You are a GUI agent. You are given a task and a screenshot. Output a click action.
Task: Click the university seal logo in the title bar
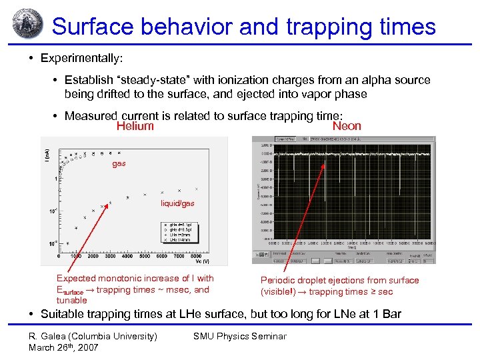26,25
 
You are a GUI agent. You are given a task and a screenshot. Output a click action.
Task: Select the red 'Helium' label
135,127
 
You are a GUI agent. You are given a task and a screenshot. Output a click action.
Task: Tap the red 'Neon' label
347,126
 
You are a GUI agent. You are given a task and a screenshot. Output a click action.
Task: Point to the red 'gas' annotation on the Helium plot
119,163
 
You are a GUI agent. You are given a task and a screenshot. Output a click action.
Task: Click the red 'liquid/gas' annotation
177,203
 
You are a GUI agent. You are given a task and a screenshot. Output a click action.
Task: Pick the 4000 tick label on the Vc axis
127,256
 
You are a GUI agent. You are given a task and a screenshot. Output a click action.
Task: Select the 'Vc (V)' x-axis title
201,262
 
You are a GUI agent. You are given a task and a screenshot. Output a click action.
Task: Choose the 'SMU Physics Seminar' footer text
239,336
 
